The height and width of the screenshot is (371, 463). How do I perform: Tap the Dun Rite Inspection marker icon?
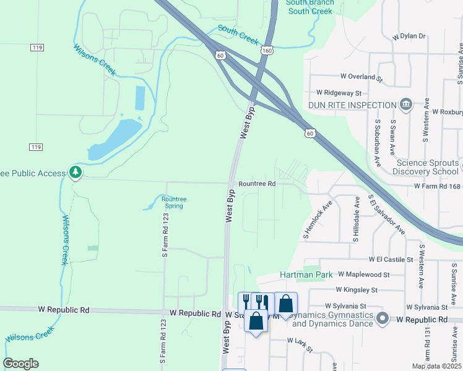pos(406,105)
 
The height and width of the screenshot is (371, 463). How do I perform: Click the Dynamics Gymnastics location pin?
pos(383,319)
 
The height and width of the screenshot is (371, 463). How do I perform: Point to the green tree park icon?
pos(75,173)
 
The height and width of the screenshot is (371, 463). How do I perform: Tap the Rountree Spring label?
pos(173,202)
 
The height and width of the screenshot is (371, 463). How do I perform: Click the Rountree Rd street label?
pos(256,184)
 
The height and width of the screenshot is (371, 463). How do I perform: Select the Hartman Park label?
pos(306,274)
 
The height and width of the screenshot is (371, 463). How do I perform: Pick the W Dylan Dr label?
pos(409,36)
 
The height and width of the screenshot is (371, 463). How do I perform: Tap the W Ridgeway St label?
pos(339,92)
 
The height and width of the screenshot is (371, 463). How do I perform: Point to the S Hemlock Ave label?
pos(318,220)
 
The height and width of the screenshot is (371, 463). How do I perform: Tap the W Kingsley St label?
pos(357,289)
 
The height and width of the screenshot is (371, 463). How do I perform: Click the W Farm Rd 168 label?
pos(438,185)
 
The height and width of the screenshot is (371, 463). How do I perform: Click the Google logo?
pos(21,364)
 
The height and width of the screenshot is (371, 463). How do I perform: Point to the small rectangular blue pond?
pos(140,98)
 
